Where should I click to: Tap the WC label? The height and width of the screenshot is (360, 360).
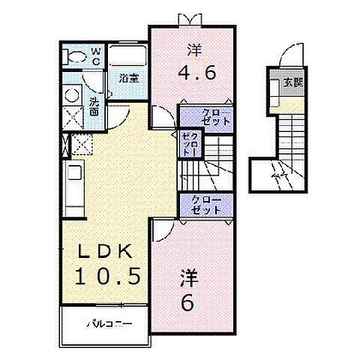tap(96, 56)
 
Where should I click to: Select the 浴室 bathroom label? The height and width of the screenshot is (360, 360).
tap(127, 76)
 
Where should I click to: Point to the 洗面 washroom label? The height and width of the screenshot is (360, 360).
tap(95, 105)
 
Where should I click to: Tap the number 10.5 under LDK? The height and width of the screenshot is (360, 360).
tap(106, 275)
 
